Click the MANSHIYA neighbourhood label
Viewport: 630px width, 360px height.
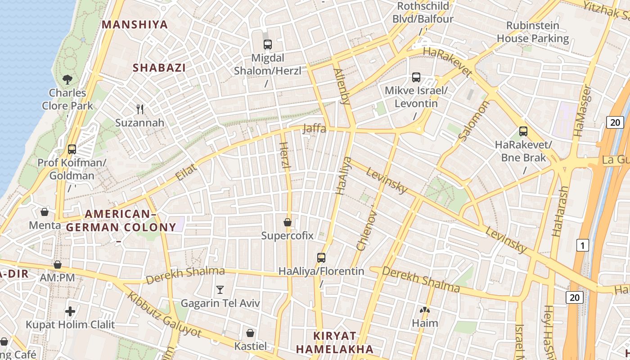135,25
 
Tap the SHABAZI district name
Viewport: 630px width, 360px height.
159,68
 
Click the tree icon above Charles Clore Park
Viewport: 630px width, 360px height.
67,80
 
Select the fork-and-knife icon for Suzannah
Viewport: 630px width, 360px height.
140,109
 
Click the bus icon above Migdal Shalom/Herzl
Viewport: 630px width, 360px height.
268,45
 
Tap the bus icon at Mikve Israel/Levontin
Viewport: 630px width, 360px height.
416,77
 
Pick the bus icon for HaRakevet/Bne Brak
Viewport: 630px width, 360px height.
523,131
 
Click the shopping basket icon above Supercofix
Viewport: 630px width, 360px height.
287,222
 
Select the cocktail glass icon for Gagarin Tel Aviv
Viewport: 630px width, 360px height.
220,290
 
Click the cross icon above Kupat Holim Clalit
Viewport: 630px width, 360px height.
70,311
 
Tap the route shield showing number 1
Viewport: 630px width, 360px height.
582,245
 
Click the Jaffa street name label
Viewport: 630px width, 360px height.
314,128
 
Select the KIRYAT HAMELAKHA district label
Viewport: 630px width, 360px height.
334,342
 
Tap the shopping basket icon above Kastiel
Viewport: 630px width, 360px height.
250,333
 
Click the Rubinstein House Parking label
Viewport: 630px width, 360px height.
533,32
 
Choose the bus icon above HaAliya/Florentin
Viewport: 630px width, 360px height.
321,258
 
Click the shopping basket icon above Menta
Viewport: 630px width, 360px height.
45,211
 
